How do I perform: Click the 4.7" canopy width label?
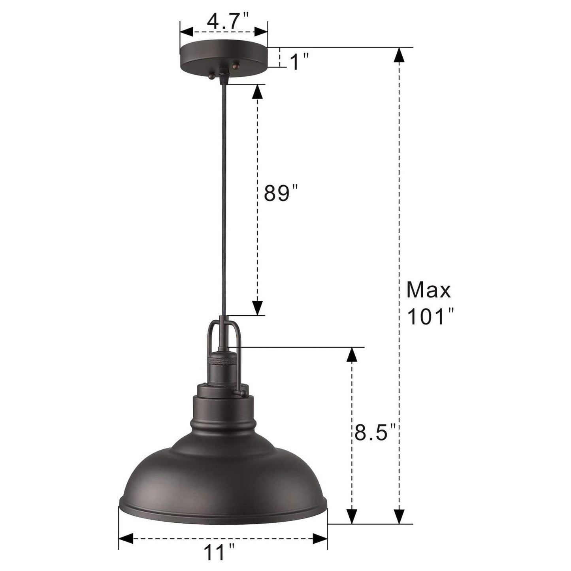click(223, 21)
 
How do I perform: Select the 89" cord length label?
click(280, 194)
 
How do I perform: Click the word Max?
click(428, 290)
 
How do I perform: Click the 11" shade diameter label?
click(219, 552)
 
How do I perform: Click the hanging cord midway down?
click(223, 198)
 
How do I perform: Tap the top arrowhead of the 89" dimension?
click(257, 92)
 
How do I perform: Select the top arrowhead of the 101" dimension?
click(400, 55)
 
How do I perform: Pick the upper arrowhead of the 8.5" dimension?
click(352, 355)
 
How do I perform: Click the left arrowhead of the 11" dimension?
click(126, 538)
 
